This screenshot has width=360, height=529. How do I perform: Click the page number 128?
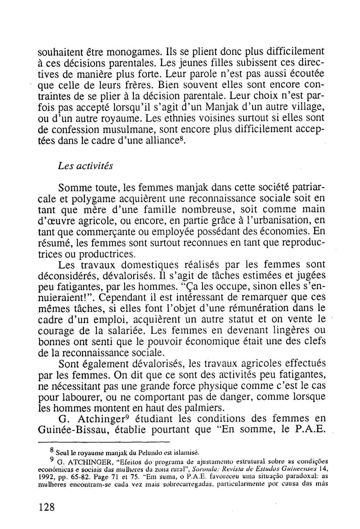46,507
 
